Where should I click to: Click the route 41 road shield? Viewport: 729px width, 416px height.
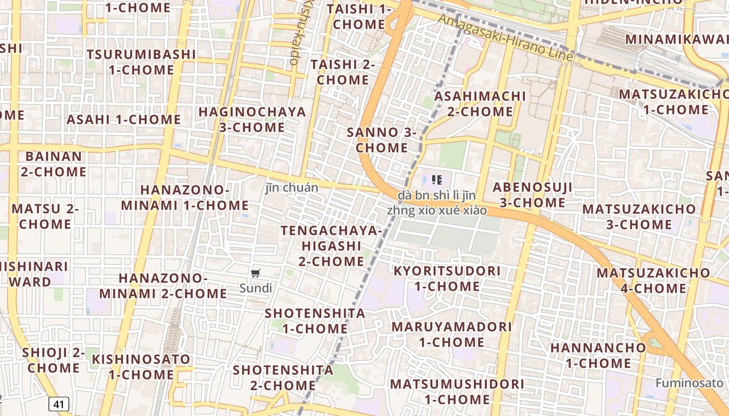click(x=60, y=404)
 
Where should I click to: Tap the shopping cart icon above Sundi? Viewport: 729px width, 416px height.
click(x=255, y=274)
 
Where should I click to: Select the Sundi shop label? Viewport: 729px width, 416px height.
click(x=256, y=288)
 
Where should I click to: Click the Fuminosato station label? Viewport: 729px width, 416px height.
click(x=689, y=383)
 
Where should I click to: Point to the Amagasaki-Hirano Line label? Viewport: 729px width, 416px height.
click(x=505, y=38)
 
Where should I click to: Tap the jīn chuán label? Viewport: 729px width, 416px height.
click(x=292, y=188)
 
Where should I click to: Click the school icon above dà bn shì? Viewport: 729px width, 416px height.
click(x=437, y=180)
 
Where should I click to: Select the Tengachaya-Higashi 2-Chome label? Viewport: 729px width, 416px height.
click(x=331, y=245)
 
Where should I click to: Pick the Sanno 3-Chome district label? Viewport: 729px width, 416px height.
click(x=382, y=140)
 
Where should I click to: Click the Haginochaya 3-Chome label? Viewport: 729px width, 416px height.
click(x=252, y=120)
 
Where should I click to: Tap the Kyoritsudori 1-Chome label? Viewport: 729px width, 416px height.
click(x=447, y=279)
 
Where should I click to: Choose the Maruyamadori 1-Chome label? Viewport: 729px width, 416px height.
click(x=451, y=334)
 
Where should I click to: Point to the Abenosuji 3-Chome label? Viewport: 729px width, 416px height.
click(x=532, y=194)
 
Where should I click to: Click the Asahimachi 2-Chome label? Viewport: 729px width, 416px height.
click(x=480, y=103)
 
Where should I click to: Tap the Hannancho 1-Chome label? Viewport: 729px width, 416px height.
click(x=598, y=355)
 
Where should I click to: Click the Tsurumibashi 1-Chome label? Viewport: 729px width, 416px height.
click(x=141, y=62)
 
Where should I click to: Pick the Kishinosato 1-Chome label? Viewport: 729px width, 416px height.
click(x=141, y=367)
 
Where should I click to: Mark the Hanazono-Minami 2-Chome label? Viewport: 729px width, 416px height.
click(x=163, y=286)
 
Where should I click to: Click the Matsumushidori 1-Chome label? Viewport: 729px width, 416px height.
click(x=457, y=392)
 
